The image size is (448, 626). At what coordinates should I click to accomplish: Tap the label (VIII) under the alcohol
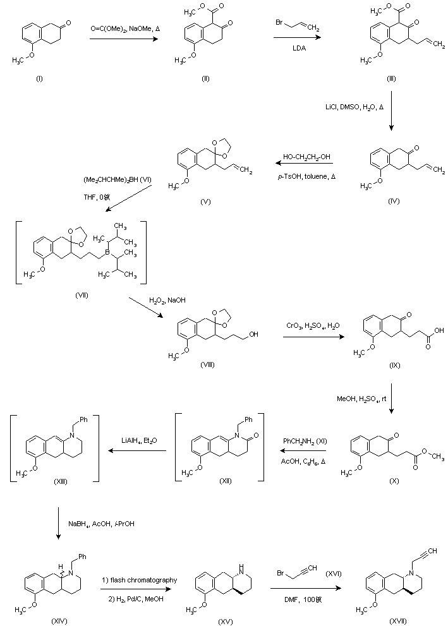click(x=207, y=365)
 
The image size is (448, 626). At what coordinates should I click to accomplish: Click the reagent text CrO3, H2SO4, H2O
click(x=313, y=326)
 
